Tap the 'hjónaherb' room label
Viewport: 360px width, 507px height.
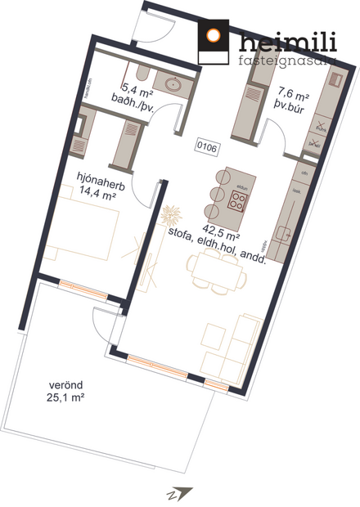(97, 177)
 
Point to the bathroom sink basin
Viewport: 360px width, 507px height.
(173, 83)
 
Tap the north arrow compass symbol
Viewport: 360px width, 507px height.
(182, 492)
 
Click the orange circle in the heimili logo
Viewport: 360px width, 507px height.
(214, 35)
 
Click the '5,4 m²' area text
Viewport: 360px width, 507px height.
(135, 87)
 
